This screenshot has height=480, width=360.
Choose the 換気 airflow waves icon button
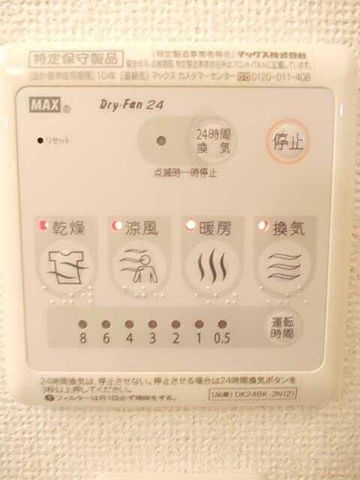click(284, 265)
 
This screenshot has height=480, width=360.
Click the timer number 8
click(82, 338)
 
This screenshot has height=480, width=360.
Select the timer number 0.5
click(220, 338)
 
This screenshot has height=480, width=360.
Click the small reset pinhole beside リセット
click(39, 139)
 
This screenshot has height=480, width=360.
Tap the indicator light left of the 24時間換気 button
click(159, 140)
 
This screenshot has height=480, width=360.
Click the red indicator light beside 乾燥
click(43, 225)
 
